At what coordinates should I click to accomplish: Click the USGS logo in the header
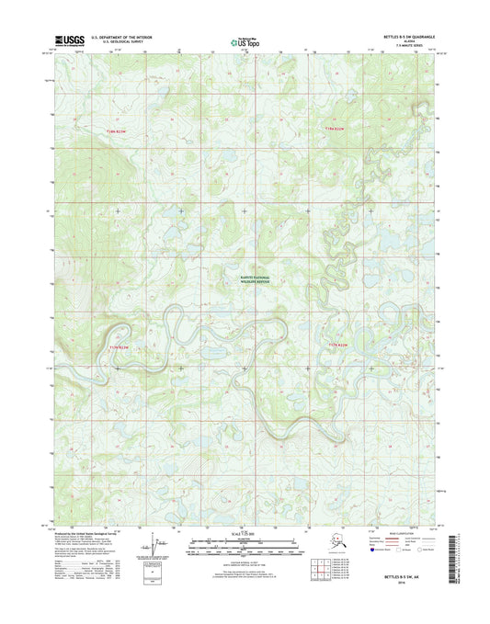(x=68, y=40)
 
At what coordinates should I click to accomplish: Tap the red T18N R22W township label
(x=338, y=129)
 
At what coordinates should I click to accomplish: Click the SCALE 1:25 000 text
(x=244, y=534)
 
